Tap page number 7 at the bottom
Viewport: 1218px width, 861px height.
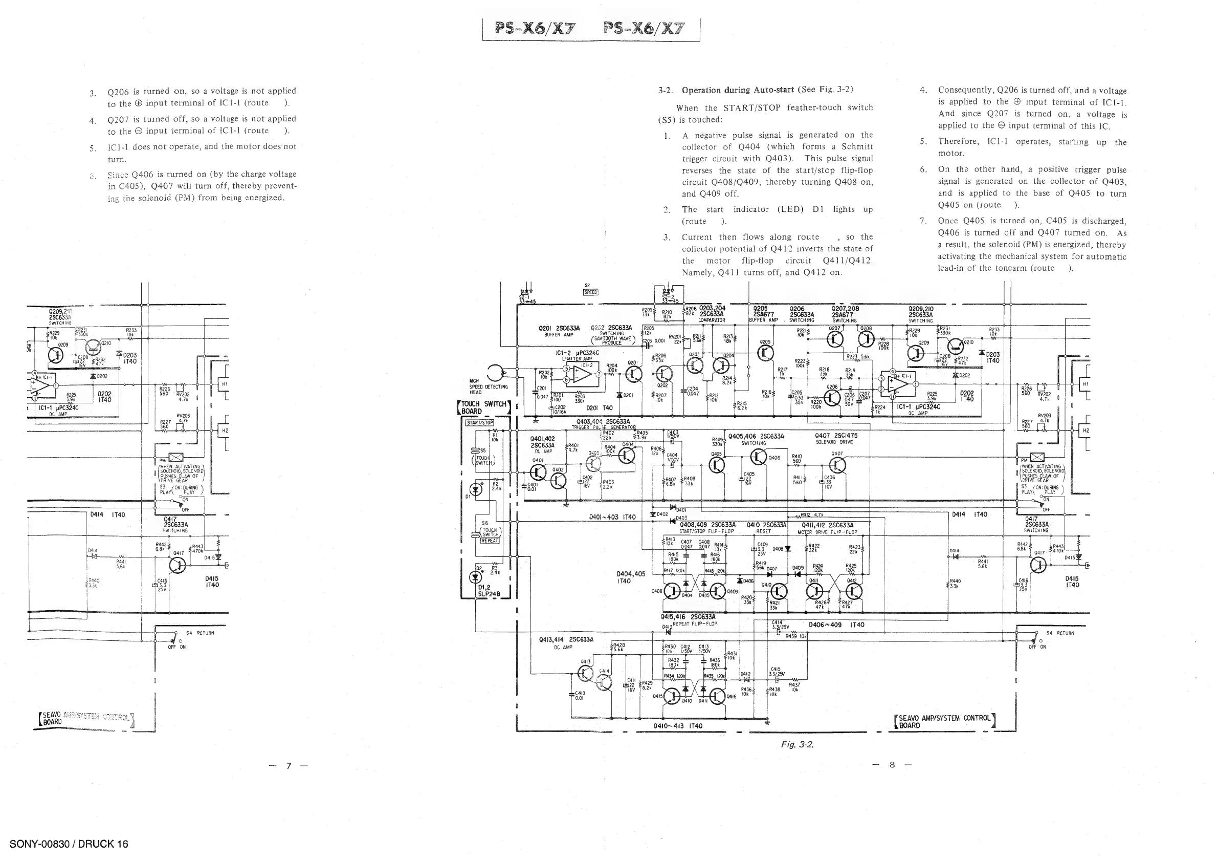click(289, 765)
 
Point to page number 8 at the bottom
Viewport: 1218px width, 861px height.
click(892, 765)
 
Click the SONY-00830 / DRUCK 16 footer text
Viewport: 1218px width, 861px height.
click(69, 844)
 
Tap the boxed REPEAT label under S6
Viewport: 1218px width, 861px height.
click(490, 541)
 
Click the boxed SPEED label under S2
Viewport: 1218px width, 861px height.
click(590, 292)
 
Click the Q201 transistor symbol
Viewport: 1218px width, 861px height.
click(634, 375)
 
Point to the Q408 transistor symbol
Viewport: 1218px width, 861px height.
click(673, 591)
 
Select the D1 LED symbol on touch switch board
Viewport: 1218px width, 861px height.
click(476, 489)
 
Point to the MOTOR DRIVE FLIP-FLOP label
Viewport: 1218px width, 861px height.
click(827, 532)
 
